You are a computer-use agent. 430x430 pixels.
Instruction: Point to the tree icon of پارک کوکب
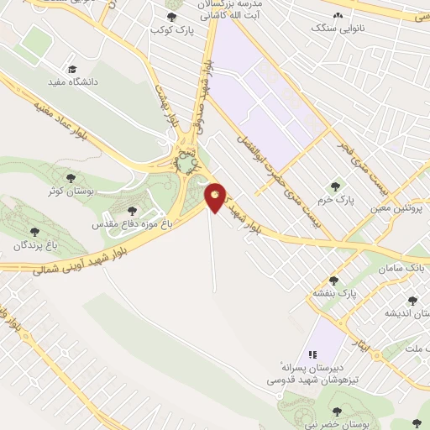172,17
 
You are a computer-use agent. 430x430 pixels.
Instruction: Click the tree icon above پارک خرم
336,186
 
